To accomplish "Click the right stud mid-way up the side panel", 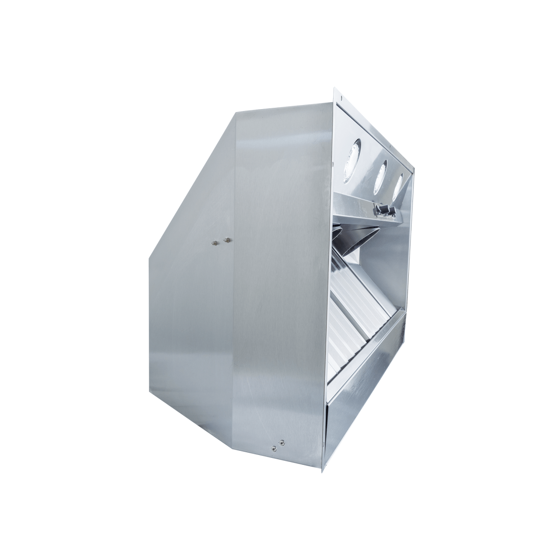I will (227, 240).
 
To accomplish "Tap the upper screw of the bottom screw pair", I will (281, 441).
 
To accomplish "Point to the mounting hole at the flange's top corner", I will (341, 98).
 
